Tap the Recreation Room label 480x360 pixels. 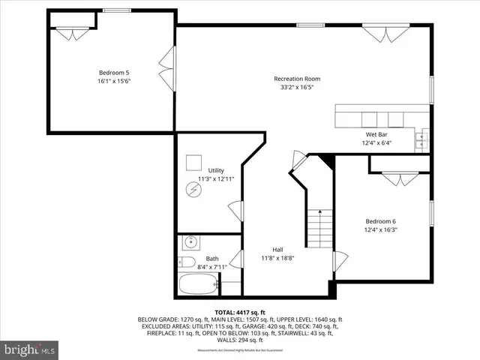click(297, 79)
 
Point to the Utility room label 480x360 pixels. click(216, 171)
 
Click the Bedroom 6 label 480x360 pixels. click(381, 221)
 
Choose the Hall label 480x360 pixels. click(277, 250)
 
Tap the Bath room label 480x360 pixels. click(213, 259)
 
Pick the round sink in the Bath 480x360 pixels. click(190, 241)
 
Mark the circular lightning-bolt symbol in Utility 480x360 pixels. click(194, 190)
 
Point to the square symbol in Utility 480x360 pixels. click(195, 162)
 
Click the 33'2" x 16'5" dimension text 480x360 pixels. click(297, 88)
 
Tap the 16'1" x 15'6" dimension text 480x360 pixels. click(115, 81)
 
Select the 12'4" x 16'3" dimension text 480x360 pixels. click(381, 230)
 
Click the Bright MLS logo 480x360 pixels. click(31, 349)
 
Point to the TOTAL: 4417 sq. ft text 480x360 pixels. click(241, 312)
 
